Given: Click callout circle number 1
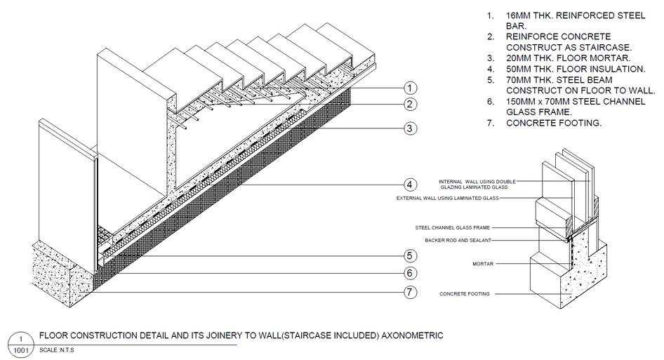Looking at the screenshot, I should pos(410,88).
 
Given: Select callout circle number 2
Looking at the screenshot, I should pos(410,105).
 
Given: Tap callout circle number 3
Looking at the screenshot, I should pos(410,128).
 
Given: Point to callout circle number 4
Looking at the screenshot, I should pos(410,185).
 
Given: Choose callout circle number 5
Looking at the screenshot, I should pos(410,255).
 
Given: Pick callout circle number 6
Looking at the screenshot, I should pos(410,274).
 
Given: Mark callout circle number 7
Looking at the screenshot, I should pos(410,293).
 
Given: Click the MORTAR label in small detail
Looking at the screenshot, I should pos(483,264).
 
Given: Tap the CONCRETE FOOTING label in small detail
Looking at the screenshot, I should pos(465,293).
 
